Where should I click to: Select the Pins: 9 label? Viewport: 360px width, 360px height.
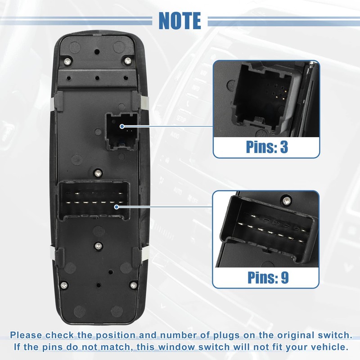point(267,277)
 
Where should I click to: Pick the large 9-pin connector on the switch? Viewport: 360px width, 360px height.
point(95,200)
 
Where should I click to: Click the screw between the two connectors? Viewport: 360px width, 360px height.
point(98,171)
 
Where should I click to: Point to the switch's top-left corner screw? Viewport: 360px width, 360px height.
point(67,61)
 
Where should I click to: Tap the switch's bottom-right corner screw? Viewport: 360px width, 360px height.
point(132,285)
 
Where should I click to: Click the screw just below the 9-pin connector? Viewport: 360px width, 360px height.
point(98,246)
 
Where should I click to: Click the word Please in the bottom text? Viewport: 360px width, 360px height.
point(29,335)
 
